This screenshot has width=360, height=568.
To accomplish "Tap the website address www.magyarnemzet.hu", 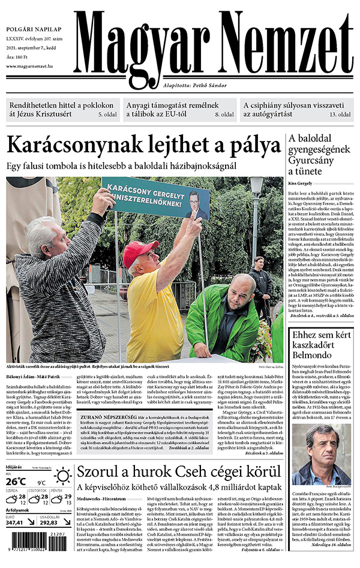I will pyautogui.click(x=38, y=67).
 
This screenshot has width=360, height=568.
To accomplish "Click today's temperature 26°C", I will pyautogui.click(x=17, y=480).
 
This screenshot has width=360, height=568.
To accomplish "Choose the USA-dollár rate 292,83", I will pyautogui.click(x=53, y=522).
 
